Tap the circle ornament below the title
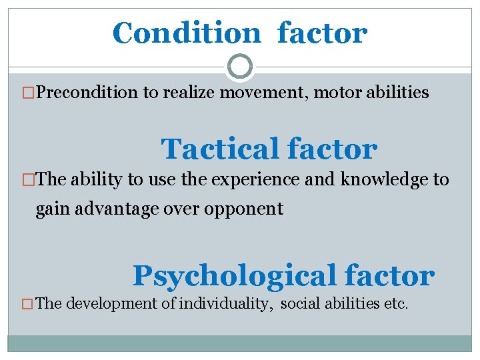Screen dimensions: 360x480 coord(240,67)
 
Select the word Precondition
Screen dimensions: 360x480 coord(87,93)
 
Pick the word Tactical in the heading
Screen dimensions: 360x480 coord(222,149)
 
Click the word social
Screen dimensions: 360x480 coord(300,304)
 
